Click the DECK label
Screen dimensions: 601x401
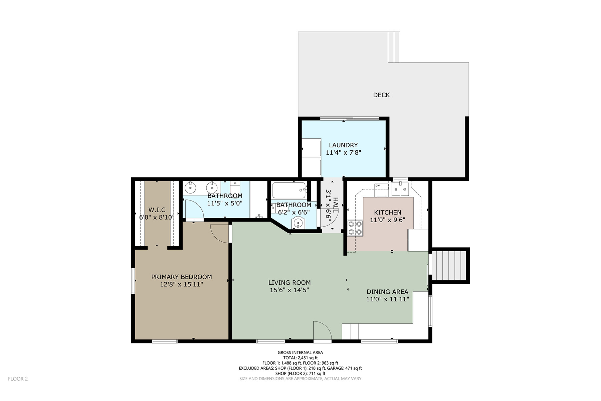(381, 95)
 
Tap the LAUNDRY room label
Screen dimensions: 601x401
(343, 145)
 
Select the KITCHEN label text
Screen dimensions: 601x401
(388, 212)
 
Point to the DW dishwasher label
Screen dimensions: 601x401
(378, 186)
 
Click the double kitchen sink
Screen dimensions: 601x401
(400, 189)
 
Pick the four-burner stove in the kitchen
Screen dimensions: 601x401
(355, 228)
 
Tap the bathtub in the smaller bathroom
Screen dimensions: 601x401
(289, 190)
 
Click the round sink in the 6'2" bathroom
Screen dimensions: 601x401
(297, 222)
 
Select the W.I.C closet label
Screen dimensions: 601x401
(157, 210)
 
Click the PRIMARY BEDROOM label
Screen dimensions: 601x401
(182, 277)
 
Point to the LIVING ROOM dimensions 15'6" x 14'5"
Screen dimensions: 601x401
(289, 290)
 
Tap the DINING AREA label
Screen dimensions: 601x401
(387, 292)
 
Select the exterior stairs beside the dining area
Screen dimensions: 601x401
(449, 266)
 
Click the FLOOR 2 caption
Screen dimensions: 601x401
(18, 379)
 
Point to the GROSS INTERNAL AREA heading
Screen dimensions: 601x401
(300, 352)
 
